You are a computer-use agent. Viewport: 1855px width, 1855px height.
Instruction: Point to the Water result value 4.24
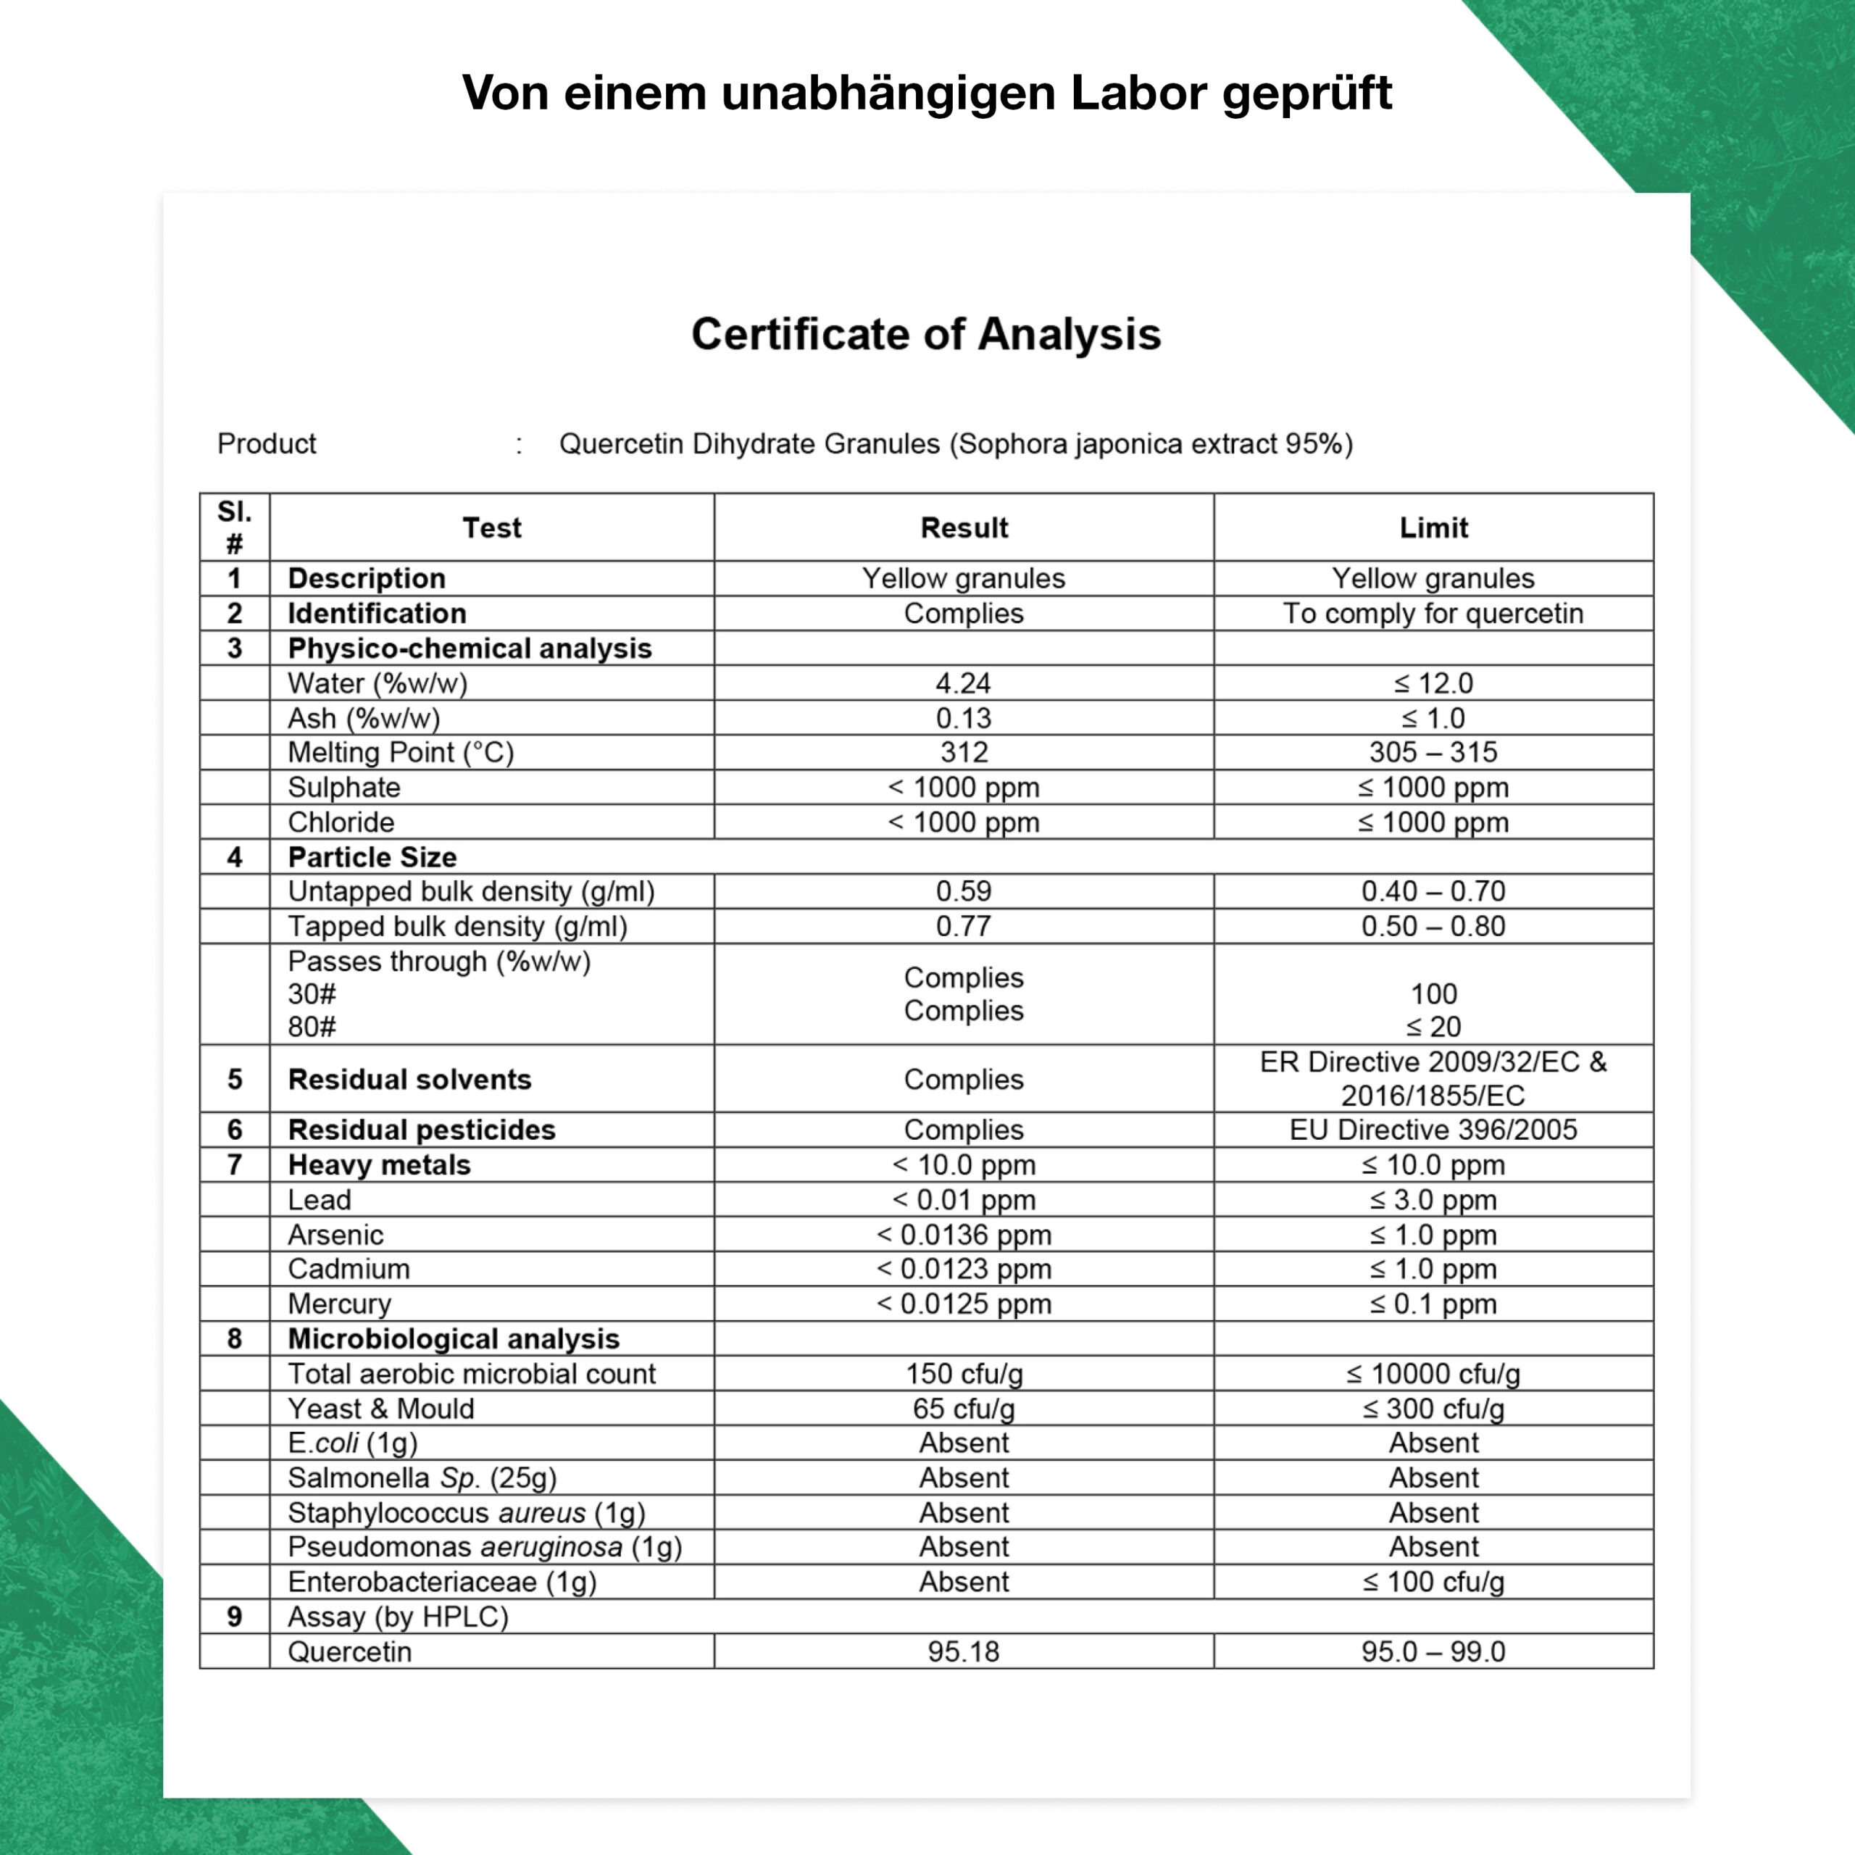pos(963,683)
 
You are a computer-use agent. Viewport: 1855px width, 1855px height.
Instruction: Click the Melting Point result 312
pos(963,752)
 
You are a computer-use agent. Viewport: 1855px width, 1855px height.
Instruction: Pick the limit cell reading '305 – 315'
pos(1433,752)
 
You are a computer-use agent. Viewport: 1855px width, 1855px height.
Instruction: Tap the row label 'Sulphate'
pos(343,788)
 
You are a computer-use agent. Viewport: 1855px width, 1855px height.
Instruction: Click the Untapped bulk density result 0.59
pos(963,891)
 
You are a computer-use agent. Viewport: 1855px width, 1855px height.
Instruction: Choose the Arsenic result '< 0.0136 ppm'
pos(963,1235)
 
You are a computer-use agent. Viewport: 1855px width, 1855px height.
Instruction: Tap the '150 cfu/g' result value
pos(963,1374)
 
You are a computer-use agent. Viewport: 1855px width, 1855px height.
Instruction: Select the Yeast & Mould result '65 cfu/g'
pos(963,1409)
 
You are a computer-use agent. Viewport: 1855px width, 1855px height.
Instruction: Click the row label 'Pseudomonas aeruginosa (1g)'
pos(485,1547)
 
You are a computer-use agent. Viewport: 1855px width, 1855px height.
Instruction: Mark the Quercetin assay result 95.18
pos(963,1651)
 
